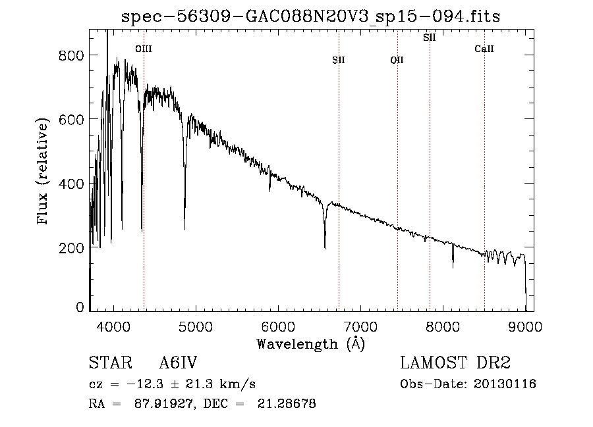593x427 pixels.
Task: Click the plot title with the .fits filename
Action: coord(310,16)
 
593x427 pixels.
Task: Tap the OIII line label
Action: coord(144,49)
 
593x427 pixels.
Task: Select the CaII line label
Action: coord(484,49)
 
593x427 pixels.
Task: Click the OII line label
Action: coord(397,60)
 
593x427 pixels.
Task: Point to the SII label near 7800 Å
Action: coord(430,38)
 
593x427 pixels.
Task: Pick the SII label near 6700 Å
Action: coord(339,60)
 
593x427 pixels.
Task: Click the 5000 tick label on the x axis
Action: coord(196,327)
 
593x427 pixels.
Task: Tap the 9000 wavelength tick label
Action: coord(525,327)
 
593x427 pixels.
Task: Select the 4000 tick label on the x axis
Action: coord(113,327)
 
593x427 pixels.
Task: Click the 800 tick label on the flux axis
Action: coord(71,55)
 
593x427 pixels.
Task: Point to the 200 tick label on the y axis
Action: coord(71,248)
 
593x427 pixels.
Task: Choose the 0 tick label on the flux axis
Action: coord(80,307)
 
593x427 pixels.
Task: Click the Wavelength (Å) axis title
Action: coord(311,344)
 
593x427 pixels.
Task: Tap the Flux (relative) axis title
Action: coord(42,171)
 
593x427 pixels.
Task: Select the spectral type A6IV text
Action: coord(178,363)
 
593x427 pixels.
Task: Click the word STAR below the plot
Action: coord(111,363)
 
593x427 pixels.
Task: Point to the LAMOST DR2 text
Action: coord(455,363)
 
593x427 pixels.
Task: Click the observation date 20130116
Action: coord(505,384)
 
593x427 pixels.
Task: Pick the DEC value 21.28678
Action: coord(287,403)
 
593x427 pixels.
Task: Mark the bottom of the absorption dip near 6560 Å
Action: coord(325,249)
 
